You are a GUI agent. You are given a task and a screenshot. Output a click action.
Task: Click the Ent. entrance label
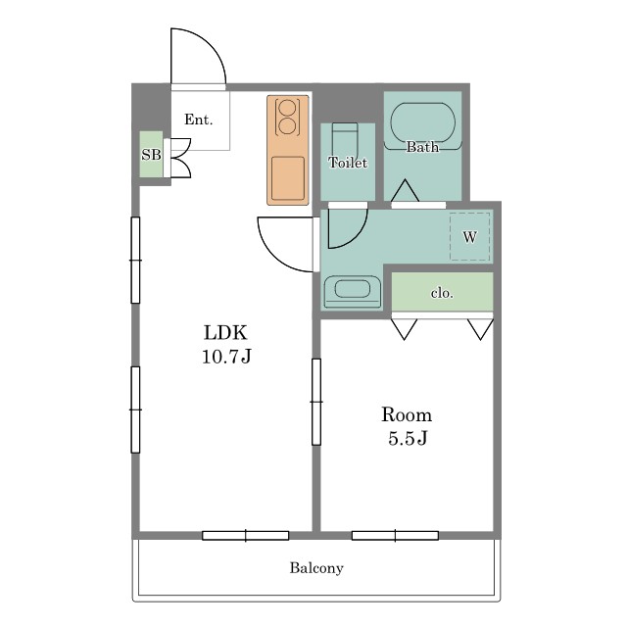click(198, 120)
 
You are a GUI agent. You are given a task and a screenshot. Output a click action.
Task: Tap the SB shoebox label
click(151, 155)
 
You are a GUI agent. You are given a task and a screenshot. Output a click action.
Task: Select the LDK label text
click(226, 332)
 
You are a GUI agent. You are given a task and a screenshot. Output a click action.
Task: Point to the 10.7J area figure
click(226, 356)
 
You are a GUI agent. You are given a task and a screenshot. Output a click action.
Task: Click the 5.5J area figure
click(408, 438)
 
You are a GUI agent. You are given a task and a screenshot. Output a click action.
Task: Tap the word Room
click(407, 414)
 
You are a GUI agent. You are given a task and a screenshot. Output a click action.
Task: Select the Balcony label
click(316, 568)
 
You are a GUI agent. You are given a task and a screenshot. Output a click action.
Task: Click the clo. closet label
click(442, 293)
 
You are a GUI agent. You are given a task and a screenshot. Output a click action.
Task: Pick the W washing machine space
click(470, 237)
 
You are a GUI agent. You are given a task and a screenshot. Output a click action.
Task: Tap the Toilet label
click(348, 163)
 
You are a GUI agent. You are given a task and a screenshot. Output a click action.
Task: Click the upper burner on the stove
click(287, 109)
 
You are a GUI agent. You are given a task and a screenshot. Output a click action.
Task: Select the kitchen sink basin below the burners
click(288, 178)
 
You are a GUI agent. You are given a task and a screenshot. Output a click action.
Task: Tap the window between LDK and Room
click(316, 402)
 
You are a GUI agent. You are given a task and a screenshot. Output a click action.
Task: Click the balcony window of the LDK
click(246, 536)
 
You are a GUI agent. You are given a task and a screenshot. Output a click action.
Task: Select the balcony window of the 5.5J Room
click(395, 536)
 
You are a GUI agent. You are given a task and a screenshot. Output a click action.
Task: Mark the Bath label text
click(422, 147)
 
